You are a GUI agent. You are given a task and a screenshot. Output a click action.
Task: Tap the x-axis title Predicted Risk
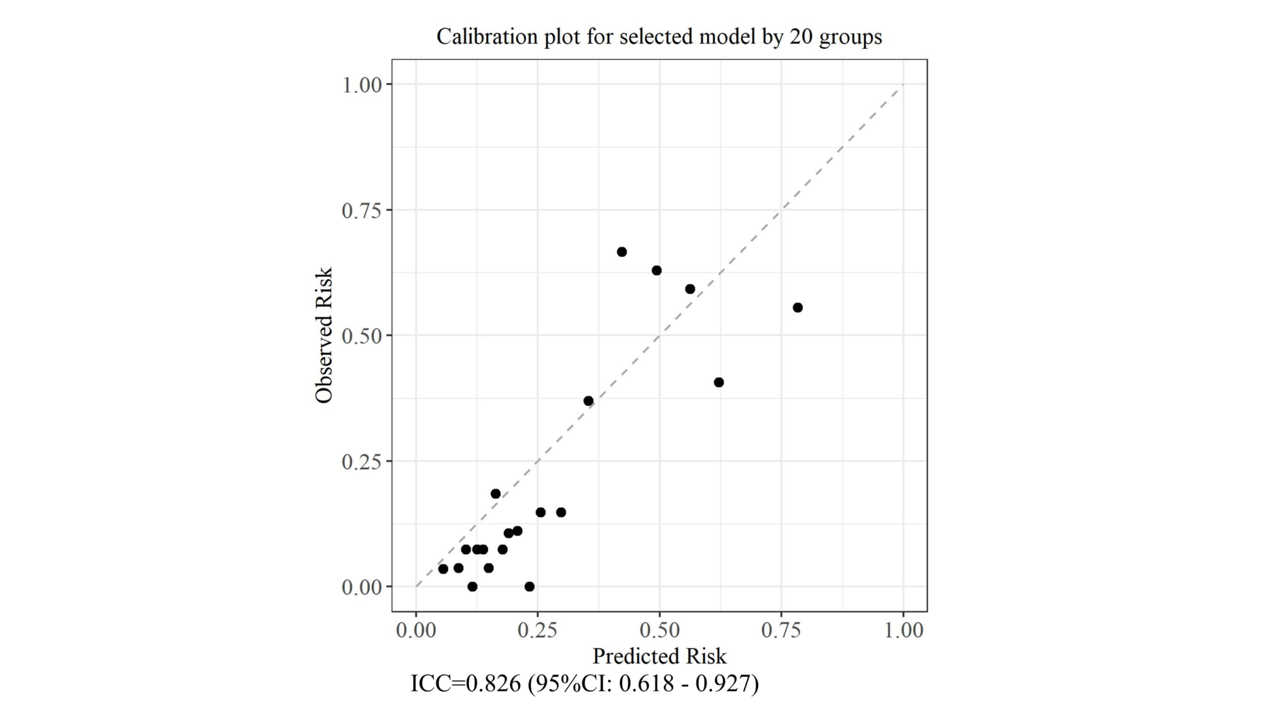point(659,656)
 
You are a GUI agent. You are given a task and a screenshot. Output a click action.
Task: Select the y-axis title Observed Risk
point(324,335)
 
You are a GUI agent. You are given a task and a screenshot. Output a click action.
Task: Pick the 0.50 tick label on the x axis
point(659,630)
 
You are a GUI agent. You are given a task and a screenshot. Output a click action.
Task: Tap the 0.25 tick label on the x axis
point(537,630)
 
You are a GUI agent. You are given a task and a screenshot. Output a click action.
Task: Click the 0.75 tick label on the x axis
point(780,630)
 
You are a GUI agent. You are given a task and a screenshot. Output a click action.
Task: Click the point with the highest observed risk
point(621,252)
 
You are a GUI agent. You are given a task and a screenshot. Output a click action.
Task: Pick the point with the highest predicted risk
point(797,308)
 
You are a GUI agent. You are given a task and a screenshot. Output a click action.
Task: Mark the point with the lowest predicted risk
point(443,569)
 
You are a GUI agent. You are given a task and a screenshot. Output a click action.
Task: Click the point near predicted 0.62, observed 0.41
point(719,383)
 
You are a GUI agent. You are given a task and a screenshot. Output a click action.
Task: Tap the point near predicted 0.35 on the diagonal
point(588,401)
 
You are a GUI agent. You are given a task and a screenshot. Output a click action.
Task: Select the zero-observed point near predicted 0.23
point(530,587)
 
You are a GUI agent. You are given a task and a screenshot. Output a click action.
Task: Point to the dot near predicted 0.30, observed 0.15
point(561,513)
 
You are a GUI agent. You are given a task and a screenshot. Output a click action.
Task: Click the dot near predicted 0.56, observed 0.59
point(690,289)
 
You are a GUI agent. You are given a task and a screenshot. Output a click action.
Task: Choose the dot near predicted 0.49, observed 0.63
point(657,271)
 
